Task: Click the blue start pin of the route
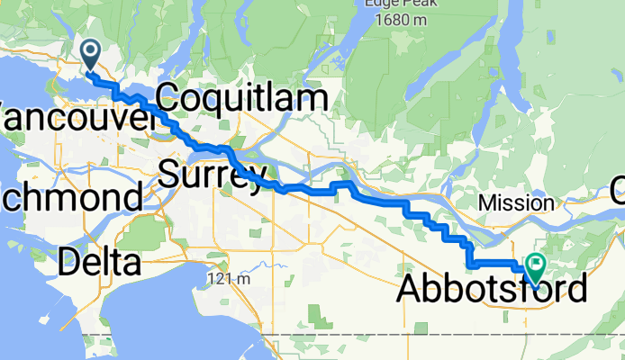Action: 91,54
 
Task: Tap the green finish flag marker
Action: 536,267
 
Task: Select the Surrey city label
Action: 213,173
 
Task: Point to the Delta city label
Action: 100,263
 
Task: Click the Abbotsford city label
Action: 492,290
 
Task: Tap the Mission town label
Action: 516,202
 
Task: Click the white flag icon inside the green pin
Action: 537,265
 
